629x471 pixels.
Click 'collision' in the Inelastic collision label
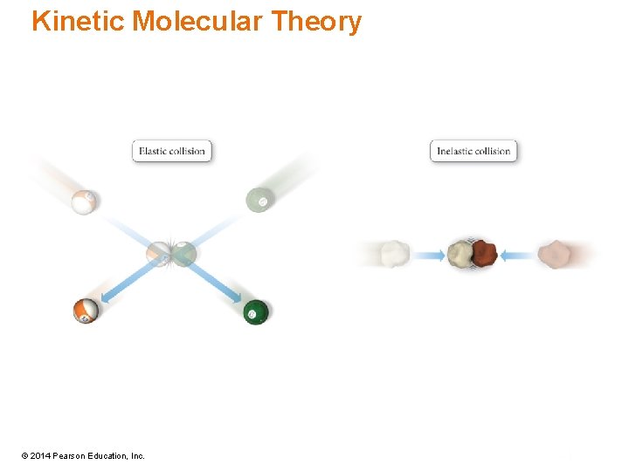tap(494, 151)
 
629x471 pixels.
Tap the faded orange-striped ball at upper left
tap(85, 201)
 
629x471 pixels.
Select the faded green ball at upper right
tap(259, 201)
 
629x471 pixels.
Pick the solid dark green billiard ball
tap(255, 311)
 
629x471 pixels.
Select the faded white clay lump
tap(395, 254)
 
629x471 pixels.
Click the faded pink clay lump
tap(555, 254)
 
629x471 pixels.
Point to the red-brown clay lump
tap(483, 253)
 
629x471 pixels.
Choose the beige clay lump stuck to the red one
tap(460, 254)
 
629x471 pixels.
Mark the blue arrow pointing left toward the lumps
tap(517, 256)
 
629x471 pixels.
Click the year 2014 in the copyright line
tap(43, 456)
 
